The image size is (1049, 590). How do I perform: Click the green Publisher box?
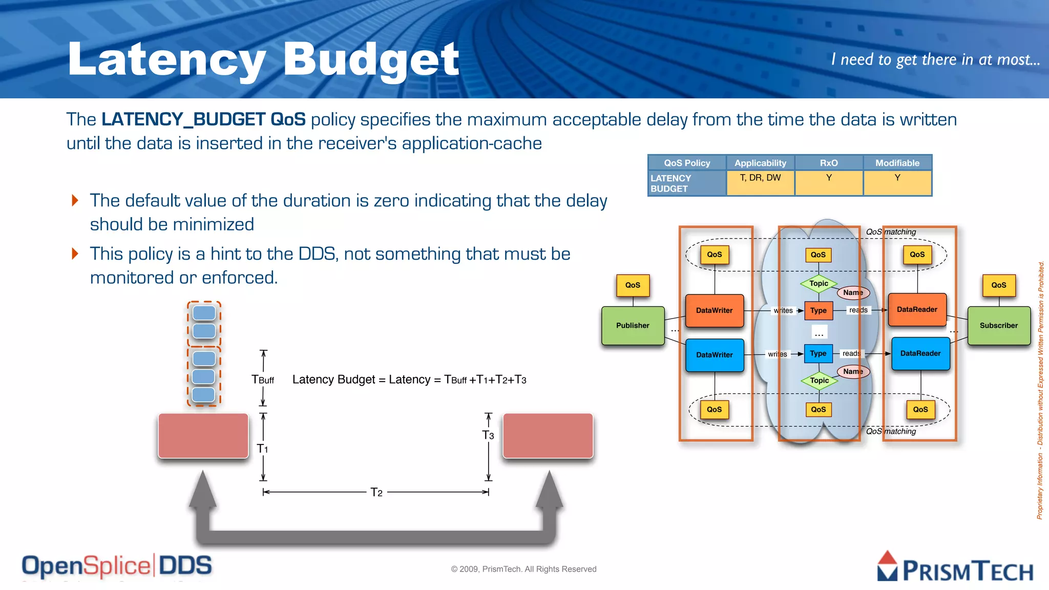point(633,325)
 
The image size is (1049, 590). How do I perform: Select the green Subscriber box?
point(998,325)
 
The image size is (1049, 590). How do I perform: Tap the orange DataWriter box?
point(714,310)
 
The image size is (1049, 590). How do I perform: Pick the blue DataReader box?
point(920,353)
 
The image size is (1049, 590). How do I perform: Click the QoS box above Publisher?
point(633,285)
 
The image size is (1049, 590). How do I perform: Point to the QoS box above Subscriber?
point(998,285)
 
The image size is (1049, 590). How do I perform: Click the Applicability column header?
point(760,163)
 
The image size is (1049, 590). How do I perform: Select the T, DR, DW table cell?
point(760,178)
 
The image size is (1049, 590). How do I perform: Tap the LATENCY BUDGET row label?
point(671,183)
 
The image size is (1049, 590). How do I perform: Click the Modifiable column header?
point(897,163)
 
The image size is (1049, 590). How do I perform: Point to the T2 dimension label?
point(376,493)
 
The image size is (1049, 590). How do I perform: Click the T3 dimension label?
point(488,435)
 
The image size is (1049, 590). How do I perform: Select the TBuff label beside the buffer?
point(263,380)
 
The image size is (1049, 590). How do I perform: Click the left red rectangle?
point(203,436)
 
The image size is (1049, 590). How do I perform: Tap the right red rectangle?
point(548,436)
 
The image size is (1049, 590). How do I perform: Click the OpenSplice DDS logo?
point(117,566)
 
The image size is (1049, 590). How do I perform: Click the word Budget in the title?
point(371,60)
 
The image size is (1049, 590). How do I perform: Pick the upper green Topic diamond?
point(819,283)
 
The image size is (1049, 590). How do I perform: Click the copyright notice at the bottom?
point(523,569)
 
